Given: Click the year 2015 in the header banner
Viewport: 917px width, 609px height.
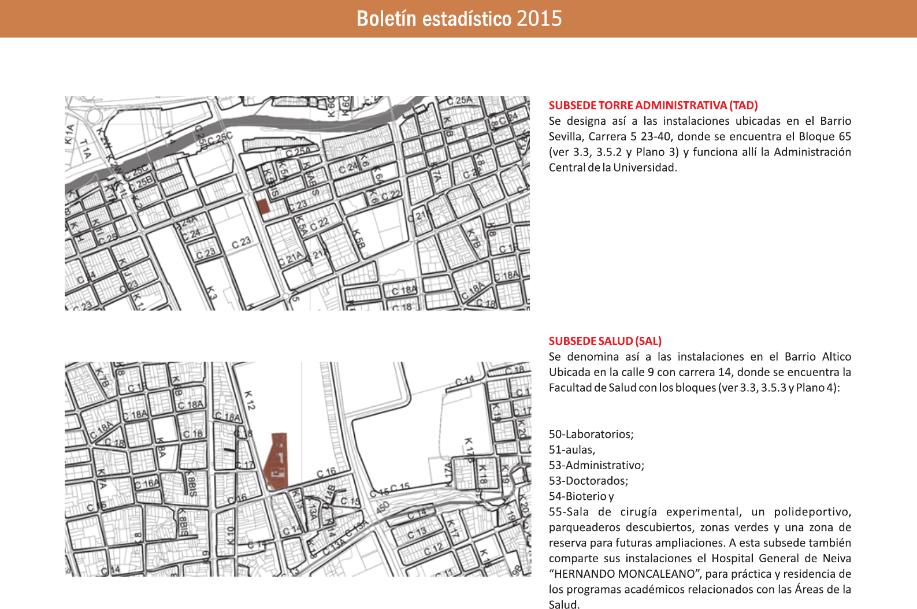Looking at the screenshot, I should [539, 18].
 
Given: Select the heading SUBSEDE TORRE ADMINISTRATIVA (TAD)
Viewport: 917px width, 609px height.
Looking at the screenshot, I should [653, 105].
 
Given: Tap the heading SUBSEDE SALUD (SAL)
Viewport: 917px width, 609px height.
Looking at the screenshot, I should [605, 341].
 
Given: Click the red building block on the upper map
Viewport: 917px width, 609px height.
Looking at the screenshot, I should [263, 207].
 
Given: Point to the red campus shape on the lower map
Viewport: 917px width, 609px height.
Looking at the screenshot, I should [277, 462].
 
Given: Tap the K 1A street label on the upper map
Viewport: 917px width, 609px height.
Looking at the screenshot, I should [70, 135].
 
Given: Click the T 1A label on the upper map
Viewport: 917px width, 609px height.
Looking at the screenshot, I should [86, 149].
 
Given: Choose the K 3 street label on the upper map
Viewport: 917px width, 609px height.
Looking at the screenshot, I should [211, 294].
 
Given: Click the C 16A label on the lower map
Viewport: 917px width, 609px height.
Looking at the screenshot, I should [147, 484].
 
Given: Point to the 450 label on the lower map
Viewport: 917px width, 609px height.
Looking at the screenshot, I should [383, 507].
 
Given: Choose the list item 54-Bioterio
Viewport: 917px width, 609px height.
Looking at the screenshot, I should [578, 496].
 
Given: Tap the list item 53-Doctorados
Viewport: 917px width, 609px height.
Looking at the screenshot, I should [588, 481].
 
